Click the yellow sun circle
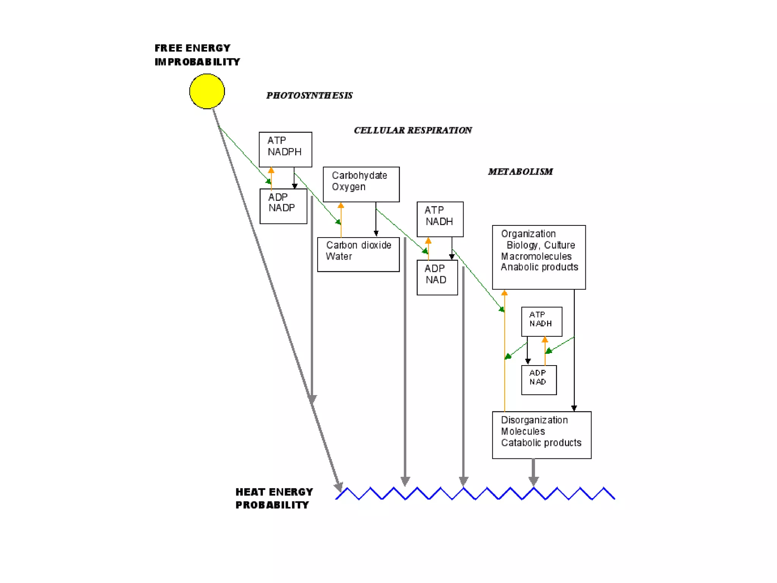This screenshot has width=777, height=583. click(207, 91)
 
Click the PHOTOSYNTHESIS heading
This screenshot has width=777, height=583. click(309, 95)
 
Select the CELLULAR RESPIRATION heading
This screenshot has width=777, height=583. click(413, 130)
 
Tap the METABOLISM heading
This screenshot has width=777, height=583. click(520, 172)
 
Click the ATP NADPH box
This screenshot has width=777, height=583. click(285, 149)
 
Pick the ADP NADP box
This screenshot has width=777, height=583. click(283, 206)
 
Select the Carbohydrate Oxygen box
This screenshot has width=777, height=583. click(361, 184)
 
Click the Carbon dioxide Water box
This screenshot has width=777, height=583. click(358, 254)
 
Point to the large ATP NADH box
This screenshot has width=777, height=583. click(440, 219)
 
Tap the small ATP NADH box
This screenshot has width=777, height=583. click(541, 321)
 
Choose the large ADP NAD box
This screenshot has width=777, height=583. click(437, 277)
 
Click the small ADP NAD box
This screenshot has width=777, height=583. click(539, 380)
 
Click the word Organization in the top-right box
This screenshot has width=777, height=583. click(528, 234)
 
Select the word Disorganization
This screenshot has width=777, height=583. click(534, 420)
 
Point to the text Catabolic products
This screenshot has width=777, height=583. click(541, 443)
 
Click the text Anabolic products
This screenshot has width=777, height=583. click(539, 267)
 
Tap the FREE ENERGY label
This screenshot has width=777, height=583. click(192, 48)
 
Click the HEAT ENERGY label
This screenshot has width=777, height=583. click(274, 492)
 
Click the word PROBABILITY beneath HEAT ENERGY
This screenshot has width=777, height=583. click(272, 505)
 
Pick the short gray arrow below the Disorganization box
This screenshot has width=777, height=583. click(533, 472)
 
